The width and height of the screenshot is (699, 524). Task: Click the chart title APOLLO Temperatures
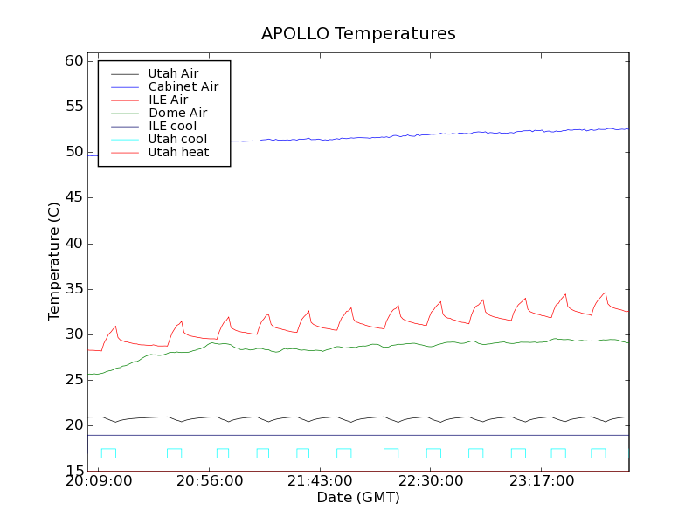[x=358, y=34]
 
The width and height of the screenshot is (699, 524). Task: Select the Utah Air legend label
[x=173, y=73]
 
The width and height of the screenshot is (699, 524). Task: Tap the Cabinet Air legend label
[x=183, y=86]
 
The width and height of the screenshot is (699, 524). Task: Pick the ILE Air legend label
[x=168, y=100]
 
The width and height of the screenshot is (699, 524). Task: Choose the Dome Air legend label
[x=177, y=113]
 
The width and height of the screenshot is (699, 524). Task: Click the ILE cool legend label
[x=172, y=126]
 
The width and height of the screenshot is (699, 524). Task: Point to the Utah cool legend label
[x=177, y=139]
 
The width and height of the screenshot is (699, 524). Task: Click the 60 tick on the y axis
[x=73, y=61]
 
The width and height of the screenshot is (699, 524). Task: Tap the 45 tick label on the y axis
[x=73, y=197]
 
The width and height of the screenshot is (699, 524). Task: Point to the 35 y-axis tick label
[x=73, y=289]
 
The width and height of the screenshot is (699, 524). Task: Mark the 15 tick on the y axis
[x=73, y=471]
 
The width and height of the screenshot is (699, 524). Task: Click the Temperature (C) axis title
[x=54, y=261]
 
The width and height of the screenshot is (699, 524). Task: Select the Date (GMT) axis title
[x=358, y=498]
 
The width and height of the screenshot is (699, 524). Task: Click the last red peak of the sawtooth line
[x=605, y=293]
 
